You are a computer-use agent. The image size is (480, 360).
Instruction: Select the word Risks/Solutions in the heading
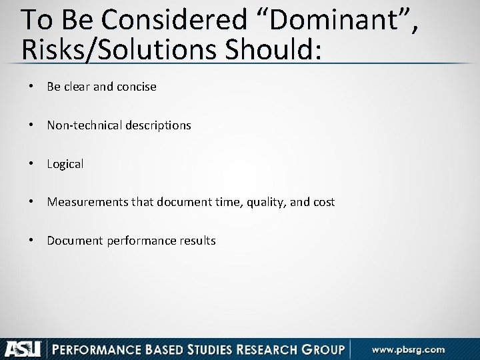click(x=110, y=50)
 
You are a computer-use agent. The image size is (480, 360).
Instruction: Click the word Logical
click(x=65, y=164)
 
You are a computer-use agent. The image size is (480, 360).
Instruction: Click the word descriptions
click(x=157, y=125)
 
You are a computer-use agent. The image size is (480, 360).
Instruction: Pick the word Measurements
click(x=83, y=202)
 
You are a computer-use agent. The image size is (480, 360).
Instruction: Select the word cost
click(x=323, y=202)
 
